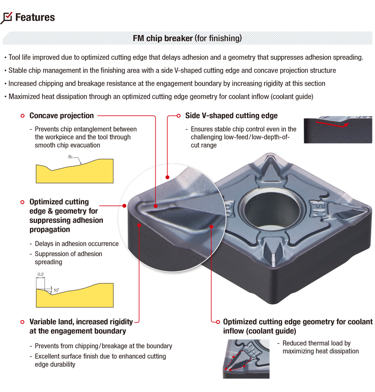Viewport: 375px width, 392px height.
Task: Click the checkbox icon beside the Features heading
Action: click(x=7, y=18)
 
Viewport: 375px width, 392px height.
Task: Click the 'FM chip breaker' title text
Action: click(x=163, y=39)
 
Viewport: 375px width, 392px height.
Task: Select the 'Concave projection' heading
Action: click(x=61, y=115)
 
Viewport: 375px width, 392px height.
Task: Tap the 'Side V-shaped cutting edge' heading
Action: click(x=231, y=115)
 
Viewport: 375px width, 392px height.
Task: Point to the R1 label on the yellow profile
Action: click(x=71, y=157)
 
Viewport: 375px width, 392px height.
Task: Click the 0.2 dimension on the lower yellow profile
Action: click(x=41, y=274)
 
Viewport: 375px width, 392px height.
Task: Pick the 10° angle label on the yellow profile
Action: click(x=56, y=290)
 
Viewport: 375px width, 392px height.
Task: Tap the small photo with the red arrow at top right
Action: click(x=338, y=130)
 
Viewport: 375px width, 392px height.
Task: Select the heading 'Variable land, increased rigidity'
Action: click(x=81, y=322)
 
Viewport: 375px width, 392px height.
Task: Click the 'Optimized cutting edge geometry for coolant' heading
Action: click(x=297, y=322)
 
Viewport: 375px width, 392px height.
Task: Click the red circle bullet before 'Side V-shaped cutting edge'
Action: click(x=178, y=115)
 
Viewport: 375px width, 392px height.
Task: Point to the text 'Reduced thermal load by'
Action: click(x=316, y=343)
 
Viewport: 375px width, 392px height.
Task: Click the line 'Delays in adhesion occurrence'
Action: click(x=77, y=244)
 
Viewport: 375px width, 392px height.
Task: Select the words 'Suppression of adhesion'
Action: click(x=68, y=254)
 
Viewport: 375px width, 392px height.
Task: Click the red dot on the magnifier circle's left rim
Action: click(x=124, y=205)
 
